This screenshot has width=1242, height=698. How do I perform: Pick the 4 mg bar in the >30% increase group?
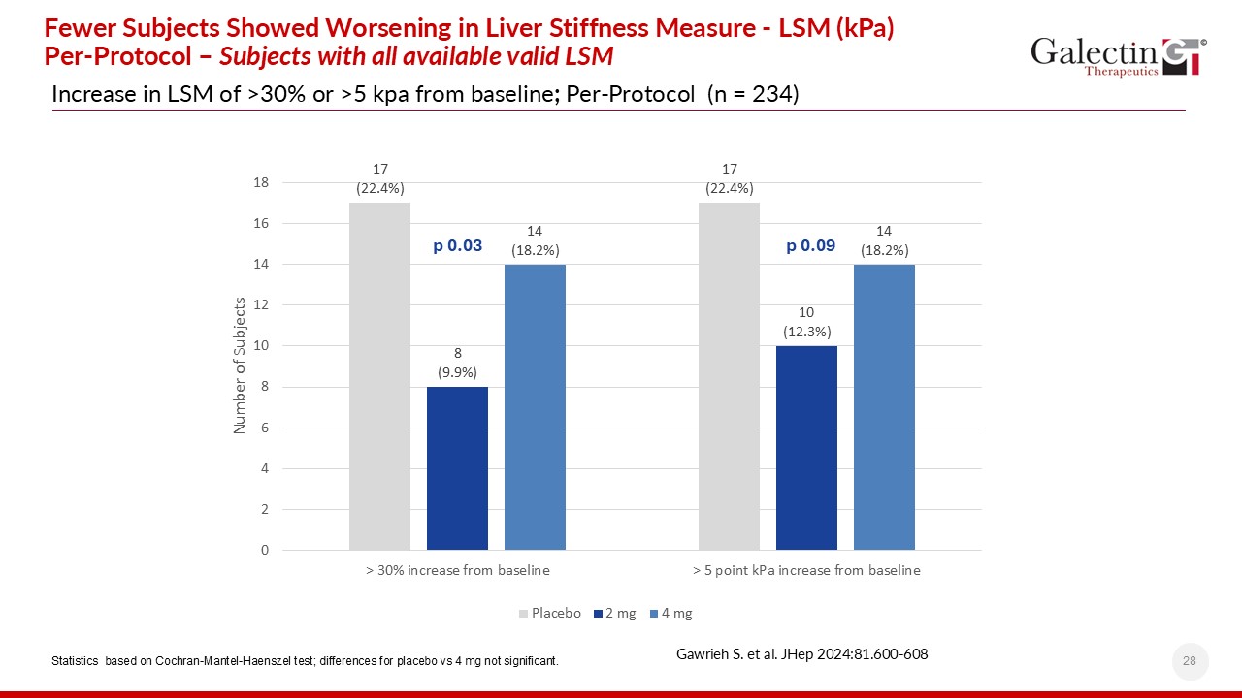[535, 407]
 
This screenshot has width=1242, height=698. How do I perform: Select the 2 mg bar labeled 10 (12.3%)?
[806, 448]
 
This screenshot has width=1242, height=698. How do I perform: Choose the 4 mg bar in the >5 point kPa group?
[884, 407]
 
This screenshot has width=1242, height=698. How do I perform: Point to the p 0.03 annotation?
[457, 246]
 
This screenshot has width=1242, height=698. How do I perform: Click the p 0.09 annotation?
[810, 246]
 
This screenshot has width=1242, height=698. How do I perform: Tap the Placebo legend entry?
[550, 613]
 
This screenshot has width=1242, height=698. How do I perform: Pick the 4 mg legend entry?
[670, 613]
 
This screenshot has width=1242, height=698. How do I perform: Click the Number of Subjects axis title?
[240, 365]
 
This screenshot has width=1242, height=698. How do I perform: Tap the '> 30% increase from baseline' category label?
[457, 570]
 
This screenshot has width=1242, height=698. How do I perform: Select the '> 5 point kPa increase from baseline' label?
[806, 570]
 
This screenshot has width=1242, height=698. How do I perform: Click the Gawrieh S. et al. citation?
[801, 653]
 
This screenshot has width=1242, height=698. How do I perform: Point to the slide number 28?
[1190, 661]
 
